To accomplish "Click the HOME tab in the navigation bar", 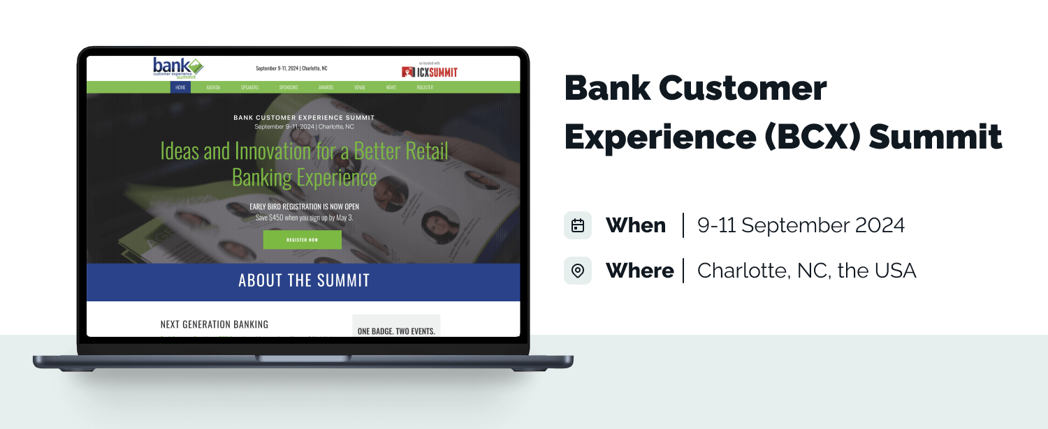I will (x=180, y=87).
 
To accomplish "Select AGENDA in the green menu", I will (x=213, y=87).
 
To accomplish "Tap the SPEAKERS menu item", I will (x=249, y=87).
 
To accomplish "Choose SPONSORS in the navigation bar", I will (x=289, y=87).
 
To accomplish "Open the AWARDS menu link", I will (x=326, y=87).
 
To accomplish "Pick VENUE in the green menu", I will (x=360, y=87).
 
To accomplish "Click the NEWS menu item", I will (x=391, y=87).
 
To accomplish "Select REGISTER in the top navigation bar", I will (x=425, y=87).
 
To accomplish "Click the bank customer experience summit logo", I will (x=177, y=68).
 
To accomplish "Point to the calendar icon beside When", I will (x=578, y=225).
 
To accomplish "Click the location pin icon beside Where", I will (x=578, y=271).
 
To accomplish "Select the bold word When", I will (x=635, y=225).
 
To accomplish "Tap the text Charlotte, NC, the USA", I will (x=806, y=271).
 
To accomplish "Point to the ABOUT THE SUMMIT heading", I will (x=303, y=281).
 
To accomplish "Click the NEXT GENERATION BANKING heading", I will (x=214, y=324).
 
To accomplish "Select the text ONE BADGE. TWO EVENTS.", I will (x=395, y=331).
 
